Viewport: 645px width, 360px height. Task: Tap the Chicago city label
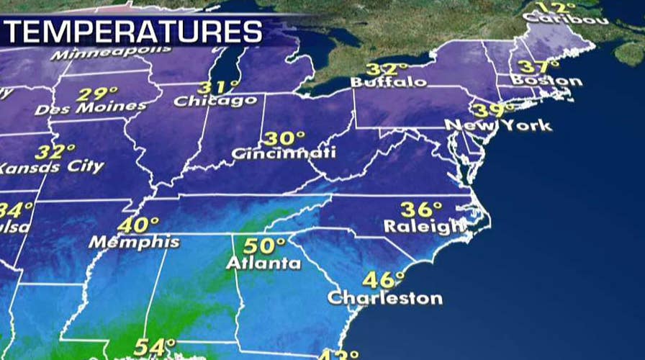click(x=215, y=101)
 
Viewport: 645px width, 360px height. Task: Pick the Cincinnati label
click(x=283, y=153)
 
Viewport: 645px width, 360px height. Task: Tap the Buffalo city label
click(x=388, y=82)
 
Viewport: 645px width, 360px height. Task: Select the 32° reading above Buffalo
click(x=382, y=69)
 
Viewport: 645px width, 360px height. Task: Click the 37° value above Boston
click(x=533, y=66)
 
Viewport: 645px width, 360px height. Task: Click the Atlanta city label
click(x=263, y=263)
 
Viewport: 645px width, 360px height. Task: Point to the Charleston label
click(x=384, y=297)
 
